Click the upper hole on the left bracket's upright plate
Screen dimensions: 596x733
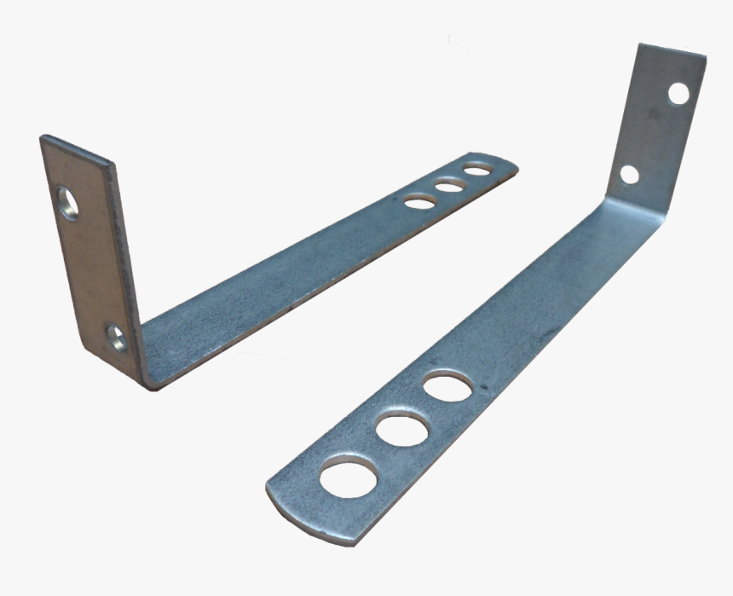pyautogui.click(x=66, y=204)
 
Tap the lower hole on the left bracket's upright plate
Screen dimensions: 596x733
pyautogui.click(x=117, y=338)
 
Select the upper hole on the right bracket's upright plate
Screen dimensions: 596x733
pyautogui.click(x=678, y=93)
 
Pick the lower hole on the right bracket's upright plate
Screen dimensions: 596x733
pyautogui.click(x=629, y=174)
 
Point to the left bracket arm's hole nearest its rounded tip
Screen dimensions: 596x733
pyautogui.click(x=477, y=170)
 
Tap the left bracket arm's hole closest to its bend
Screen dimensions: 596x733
pyautogui.click(x=418, y=201)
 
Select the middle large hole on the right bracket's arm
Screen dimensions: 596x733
pyautogui.click(x=401, y=429)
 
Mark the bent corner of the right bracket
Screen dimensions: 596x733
pyautogui.click(x=607, y=205)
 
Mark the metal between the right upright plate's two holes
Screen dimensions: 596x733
pyautogui.click(x=653, y=135)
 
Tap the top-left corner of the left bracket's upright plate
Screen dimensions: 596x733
pyautogui.click(x=42, y=136)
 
